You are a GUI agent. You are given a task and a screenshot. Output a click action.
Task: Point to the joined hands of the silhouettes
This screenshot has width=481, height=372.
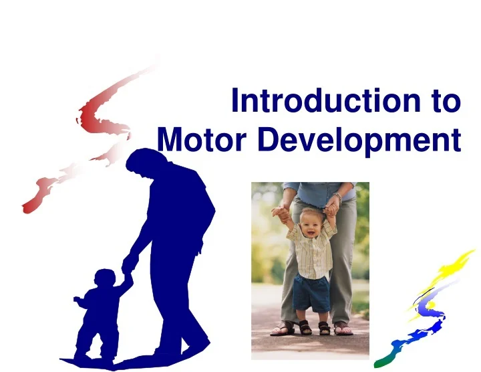click(x=127, y=271)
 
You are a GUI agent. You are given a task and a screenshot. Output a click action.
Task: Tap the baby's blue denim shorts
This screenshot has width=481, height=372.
click(x=313, y=294)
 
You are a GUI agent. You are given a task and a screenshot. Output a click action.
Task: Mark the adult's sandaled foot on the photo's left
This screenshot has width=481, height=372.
click(x=283, y=329)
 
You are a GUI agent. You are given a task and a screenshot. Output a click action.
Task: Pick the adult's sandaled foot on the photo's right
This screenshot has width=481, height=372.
click(x=342, y=329)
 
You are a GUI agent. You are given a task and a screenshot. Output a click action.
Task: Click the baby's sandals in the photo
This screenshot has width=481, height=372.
click(x=314, y=328)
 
